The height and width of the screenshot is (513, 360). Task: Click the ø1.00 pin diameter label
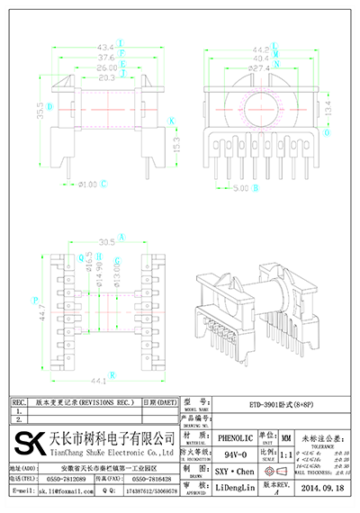coord(86,184)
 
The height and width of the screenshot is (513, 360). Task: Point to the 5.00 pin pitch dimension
coord(240,189)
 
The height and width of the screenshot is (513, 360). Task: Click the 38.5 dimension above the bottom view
coord(105,242)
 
